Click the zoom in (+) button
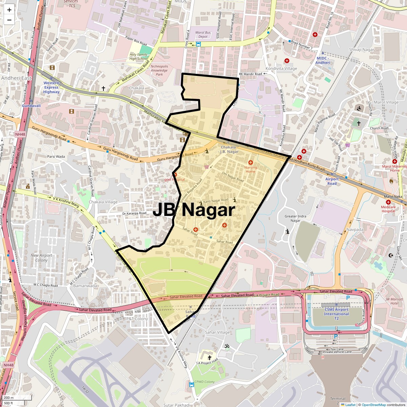coord(9,10)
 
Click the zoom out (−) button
coord(9,20)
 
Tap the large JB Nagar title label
coord(194,210)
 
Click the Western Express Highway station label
coord(51,87)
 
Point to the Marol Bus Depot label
coord(203,35)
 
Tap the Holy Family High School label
coord(138,56)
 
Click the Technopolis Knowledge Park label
coord(159,70)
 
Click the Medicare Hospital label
coord(388,209)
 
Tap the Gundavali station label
coord(32,106)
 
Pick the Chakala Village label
coord(103,202)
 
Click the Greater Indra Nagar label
coord(295,218)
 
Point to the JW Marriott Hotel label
coord(392,301)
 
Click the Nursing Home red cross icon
coord(251,163)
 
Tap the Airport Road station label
coord(332,181)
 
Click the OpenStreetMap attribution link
coord(373,405)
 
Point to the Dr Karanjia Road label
coord(134,213)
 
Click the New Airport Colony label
coord(41,258)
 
